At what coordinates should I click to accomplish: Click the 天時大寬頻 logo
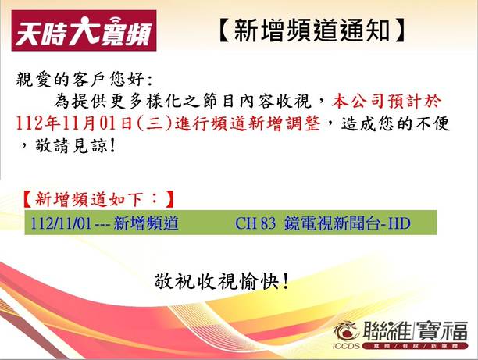(x=84, y=30)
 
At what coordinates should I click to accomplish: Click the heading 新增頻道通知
(x=312, y=30)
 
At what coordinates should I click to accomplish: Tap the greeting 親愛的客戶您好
(x=80, y=80)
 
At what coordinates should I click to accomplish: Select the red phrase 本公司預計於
(x=387, y=102)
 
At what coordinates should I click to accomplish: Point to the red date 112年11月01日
(x=74, y=124)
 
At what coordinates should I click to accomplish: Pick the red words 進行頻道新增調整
(x=248, y=124)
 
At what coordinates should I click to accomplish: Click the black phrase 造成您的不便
(x=395, y=123)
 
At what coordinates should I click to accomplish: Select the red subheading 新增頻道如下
(x=89, y=200)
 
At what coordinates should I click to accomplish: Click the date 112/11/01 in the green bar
(x=61, y=223)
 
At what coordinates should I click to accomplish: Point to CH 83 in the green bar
(x=255, y=223)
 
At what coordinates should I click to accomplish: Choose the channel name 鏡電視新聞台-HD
(x=348, y=223)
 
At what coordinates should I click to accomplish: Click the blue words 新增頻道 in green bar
(x=146, y=223)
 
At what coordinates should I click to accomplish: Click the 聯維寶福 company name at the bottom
(x=415, y=331)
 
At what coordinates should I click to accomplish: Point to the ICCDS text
(x=346, y=346)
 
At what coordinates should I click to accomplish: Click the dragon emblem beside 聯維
(x=347, y=331)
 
